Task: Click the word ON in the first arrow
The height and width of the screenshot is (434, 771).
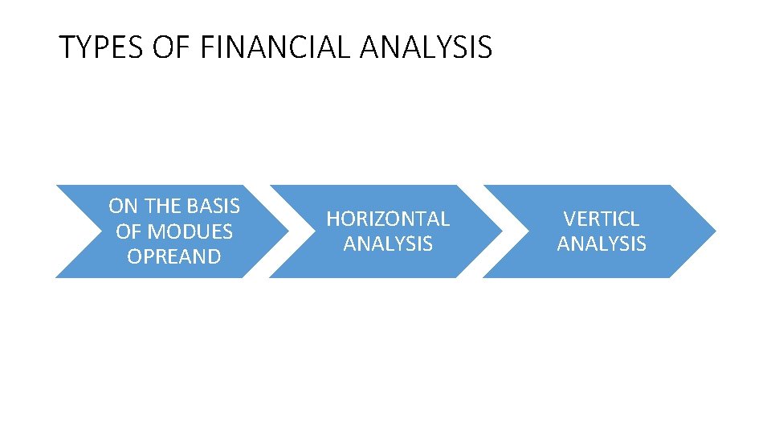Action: pos(124,207)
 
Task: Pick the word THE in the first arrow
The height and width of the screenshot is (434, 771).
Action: pos(163,207)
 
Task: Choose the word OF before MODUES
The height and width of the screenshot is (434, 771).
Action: pos(128,231)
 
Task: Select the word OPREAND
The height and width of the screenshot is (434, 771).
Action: pos(173,256)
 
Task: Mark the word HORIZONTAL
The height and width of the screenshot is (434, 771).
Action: pos(388,219)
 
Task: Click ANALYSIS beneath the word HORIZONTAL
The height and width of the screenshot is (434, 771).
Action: pos(388,244)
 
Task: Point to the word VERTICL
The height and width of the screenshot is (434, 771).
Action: pos(602,219)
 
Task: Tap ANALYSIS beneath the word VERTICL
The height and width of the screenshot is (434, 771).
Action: pos(602,244)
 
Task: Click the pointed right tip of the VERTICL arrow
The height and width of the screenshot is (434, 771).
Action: pos(713,231)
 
